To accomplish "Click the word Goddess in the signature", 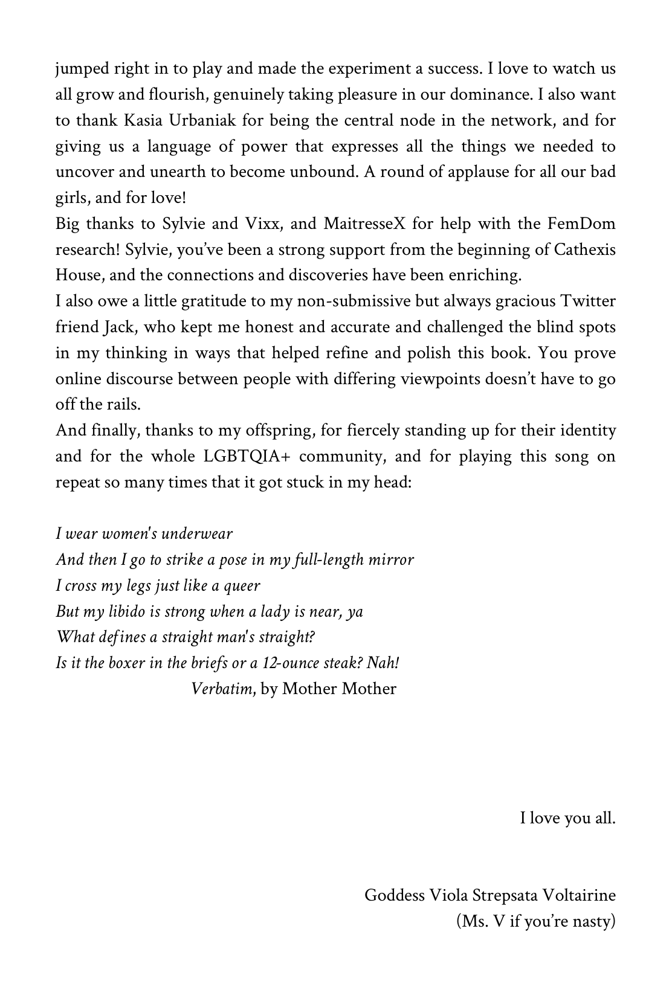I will click(394, 895).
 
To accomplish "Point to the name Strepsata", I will click(504, 895).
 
